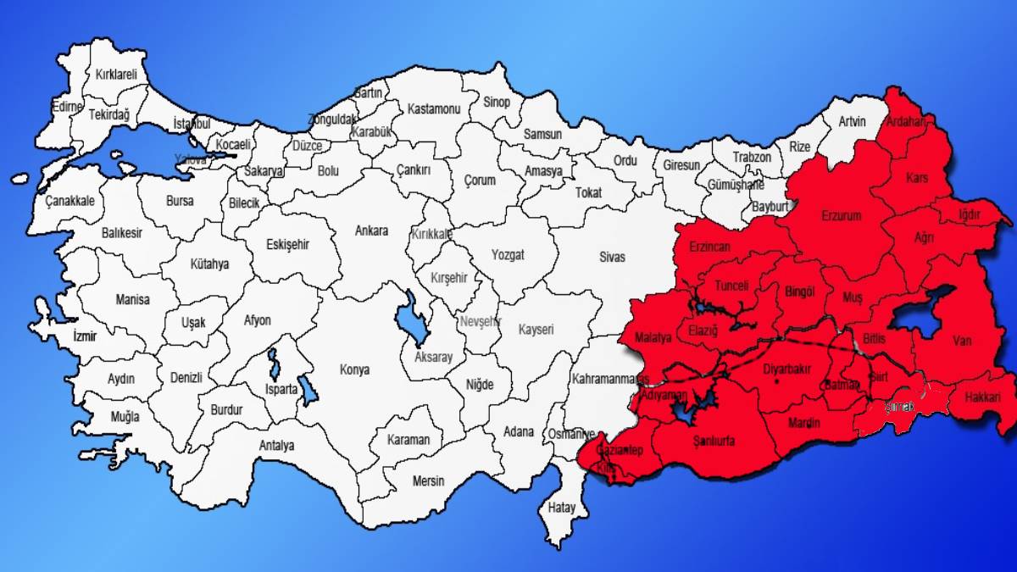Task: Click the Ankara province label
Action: coord(371,230)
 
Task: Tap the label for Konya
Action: coord(354,369)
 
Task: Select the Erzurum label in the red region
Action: coord(841,216)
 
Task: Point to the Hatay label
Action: coord(561,508)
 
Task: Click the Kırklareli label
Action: coord(117,74)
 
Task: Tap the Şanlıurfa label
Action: coord(714,441)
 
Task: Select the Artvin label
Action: coord(852,122)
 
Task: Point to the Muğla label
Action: coord(126,417)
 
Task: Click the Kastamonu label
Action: coord(433,109)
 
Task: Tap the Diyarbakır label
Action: coord(787,369)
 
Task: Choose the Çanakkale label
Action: coord(69,202)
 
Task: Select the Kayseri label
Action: coord(536,330)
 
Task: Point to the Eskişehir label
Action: coord(288,244)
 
